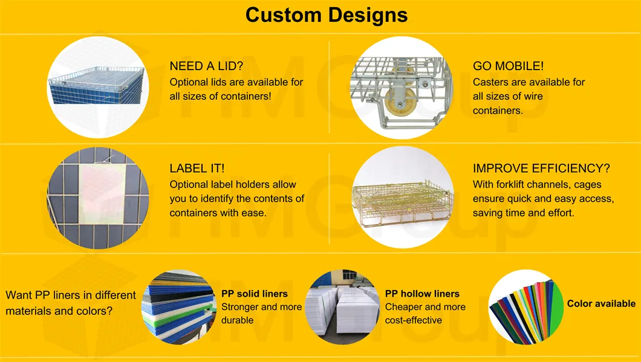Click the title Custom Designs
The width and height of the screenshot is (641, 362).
(327, 15)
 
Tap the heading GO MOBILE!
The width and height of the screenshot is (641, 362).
(509, 66)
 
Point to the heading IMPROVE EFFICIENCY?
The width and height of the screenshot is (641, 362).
(541, 169)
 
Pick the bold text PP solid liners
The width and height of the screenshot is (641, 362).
(255, 294)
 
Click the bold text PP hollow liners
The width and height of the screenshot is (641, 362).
(422, 294)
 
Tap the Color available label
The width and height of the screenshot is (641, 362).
(601, 303)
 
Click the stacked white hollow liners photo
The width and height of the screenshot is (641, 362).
(342, 308)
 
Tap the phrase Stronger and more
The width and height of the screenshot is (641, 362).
(261, 307)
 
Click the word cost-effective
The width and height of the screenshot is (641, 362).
(413, 320)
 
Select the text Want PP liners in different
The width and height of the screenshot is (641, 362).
(71, 296)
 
